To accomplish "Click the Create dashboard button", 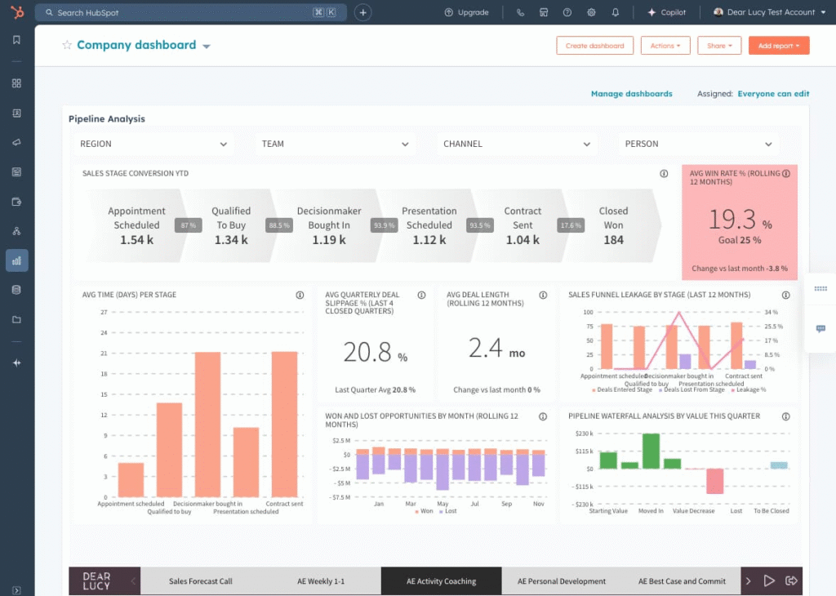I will [x=594, y=46].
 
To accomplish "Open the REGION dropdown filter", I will [x=153, y=144].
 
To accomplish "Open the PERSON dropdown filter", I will [x=698, y=144].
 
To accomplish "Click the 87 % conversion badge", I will [x=189, y=225].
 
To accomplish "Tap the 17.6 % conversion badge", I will [x=570, y=225].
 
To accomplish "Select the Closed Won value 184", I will [x=613, y=240].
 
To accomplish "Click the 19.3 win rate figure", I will [x=732, y=220].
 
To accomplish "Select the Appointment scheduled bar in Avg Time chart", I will [x=131, y=480].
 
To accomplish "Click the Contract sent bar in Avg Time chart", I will [x=284, y=425].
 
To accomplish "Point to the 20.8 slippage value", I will [x=367, y=351].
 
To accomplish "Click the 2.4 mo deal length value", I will [x=486, y=349].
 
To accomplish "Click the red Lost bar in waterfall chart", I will [x=715, y=481].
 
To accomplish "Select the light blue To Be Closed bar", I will [x=779, y=465].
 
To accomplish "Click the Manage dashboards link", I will [x=631, y=94].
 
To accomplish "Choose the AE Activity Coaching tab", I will [x=441, y=581].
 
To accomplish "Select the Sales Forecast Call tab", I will [x=200, y=581].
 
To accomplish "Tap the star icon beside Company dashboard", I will [x=67, y=46].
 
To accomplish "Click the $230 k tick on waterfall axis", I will [x=583, y=434].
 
